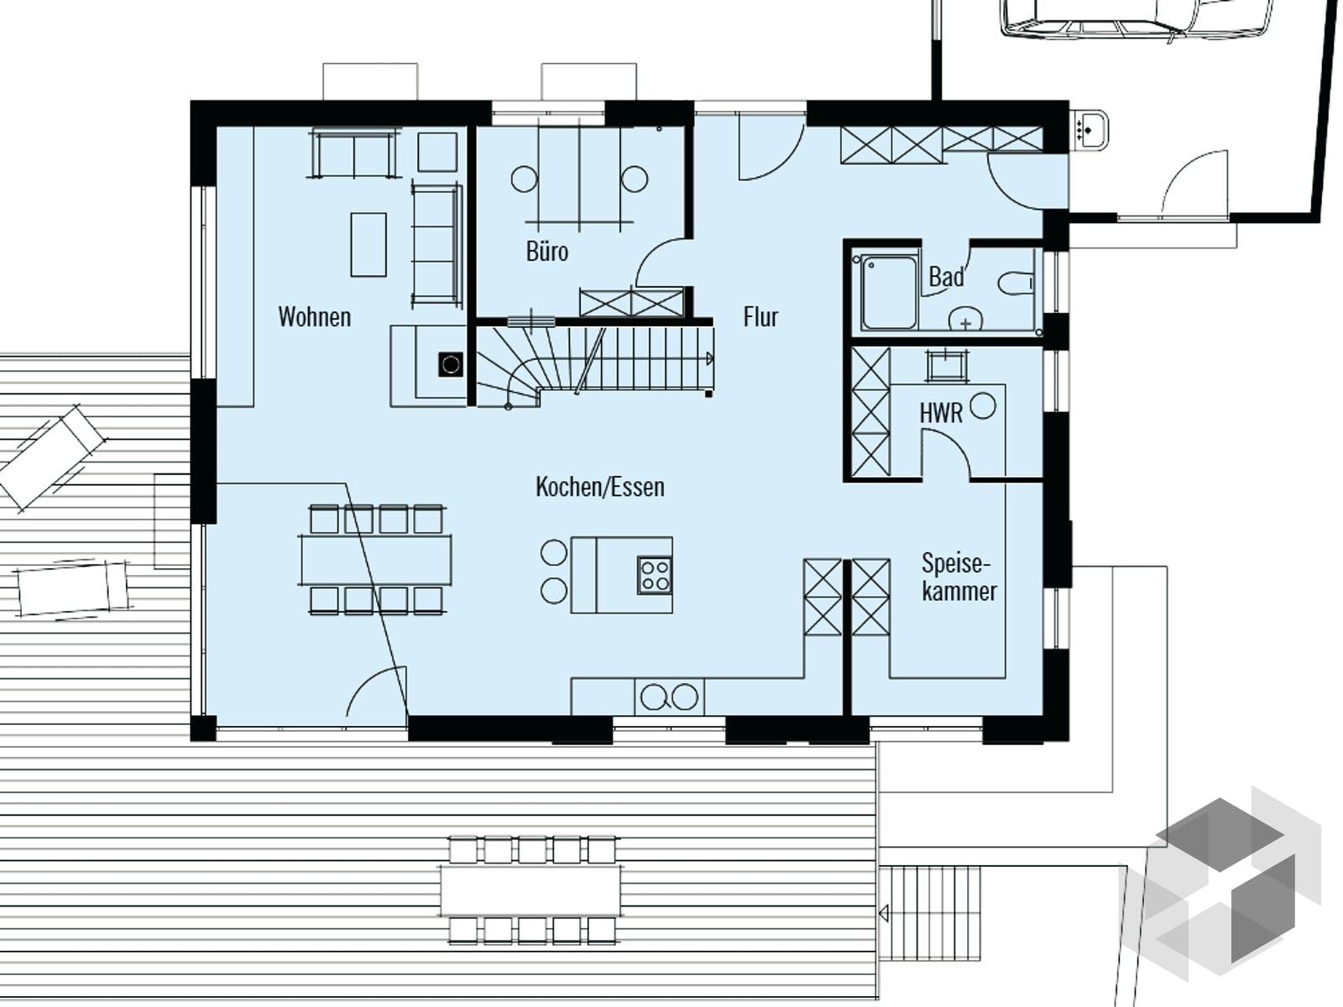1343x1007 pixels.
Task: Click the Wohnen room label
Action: tap(314, 317)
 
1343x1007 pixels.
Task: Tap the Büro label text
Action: tap(546, 252)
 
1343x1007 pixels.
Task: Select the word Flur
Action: tap(760, 317)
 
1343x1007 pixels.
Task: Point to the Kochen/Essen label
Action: tap(599, 487)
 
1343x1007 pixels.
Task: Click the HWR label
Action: tap(940, 413)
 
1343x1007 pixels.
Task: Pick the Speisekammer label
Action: tap(959, 577)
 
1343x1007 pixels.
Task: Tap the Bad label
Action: tap(946, 277)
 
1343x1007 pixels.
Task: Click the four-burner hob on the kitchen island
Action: tap(655, 576)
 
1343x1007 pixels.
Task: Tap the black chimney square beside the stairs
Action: tap(451, 364)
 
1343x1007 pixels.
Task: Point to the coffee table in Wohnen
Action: tap(368, 244)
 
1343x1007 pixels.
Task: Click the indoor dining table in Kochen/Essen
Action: tap(375, 561)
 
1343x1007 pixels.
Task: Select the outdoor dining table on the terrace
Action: tap(530, 891)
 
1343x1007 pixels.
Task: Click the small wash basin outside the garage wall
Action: tap(1090, 131)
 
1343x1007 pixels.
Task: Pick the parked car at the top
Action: tap(1137, 17)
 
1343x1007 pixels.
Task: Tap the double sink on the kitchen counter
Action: tap(669, 697)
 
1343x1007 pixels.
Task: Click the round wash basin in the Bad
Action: tap(965, 321)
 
